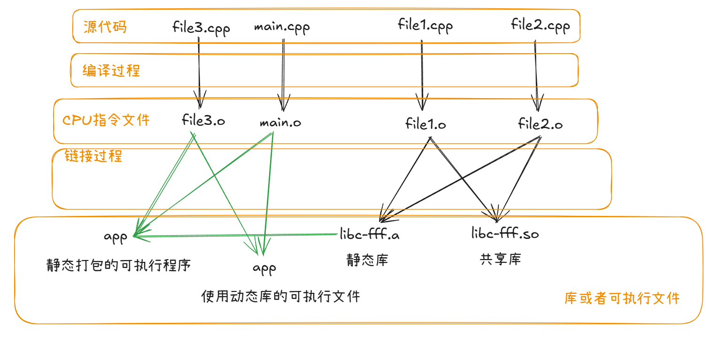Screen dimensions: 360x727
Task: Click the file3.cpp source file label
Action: (201, 28)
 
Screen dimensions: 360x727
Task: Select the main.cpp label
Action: (282, 27)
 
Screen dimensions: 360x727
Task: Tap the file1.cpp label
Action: (425, 25)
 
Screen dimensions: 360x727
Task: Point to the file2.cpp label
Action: (540, 25)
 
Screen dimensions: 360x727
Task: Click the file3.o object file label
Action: (203, 121)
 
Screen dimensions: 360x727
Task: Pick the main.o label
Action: (280, 123)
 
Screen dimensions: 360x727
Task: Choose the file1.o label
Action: (425, 124)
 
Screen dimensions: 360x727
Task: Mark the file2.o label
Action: (540, 124)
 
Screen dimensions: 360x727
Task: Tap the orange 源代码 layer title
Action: (105, 27)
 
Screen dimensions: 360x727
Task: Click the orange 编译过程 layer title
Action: (111, 71)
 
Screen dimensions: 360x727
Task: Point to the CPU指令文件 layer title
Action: (106, 120)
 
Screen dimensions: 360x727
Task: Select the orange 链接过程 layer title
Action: (93, 156)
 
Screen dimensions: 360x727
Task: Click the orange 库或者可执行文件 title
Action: (622, 299)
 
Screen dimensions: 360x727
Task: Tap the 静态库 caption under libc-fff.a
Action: (367, 260)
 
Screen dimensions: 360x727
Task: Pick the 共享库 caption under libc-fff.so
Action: (500, 259)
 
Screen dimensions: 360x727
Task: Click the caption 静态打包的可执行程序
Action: (119, 265)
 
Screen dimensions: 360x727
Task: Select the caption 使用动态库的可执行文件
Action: (280, 297)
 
